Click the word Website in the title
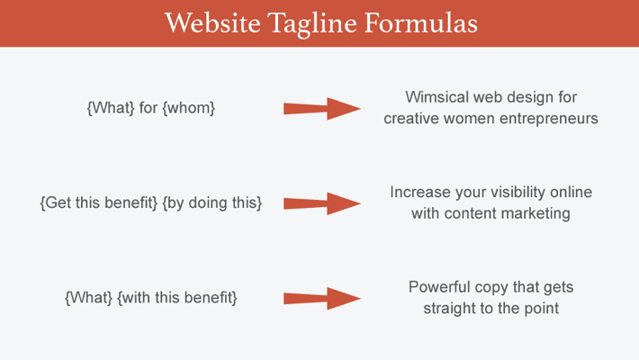click(x=212, y=22)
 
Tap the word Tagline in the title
click(x=312, y=24)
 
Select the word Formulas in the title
click(x=421, y=22)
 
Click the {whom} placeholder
click(x=189, y=108)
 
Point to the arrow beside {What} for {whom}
click(x=322, y=108)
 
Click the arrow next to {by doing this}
click(x=322, y=203)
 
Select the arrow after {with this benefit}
click(x=322, y=299)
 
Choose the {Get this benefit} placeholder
click(x=99, y=202)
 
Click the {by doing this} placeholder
click(x=211, y=202)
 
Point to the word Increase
click(x=420, y=192)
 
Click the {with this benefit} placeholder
click(x=177, y=298)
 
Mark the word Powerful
click(x=439, y=286)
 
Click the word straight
click(x=449, y=309)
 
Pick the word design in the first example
click(x=531, y=97)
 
